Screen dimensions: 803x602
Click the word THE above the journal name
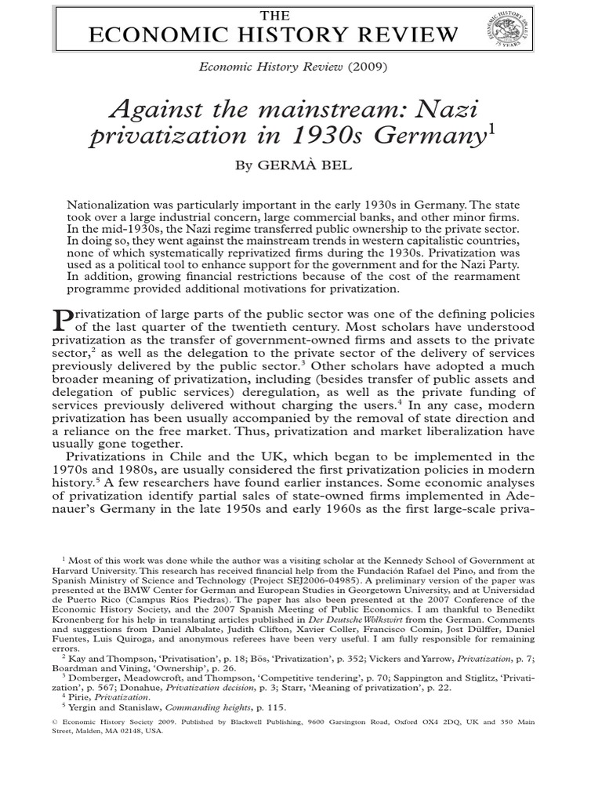point(274,16)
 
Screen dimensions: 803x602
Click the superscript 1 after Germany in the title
point(492,129)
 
